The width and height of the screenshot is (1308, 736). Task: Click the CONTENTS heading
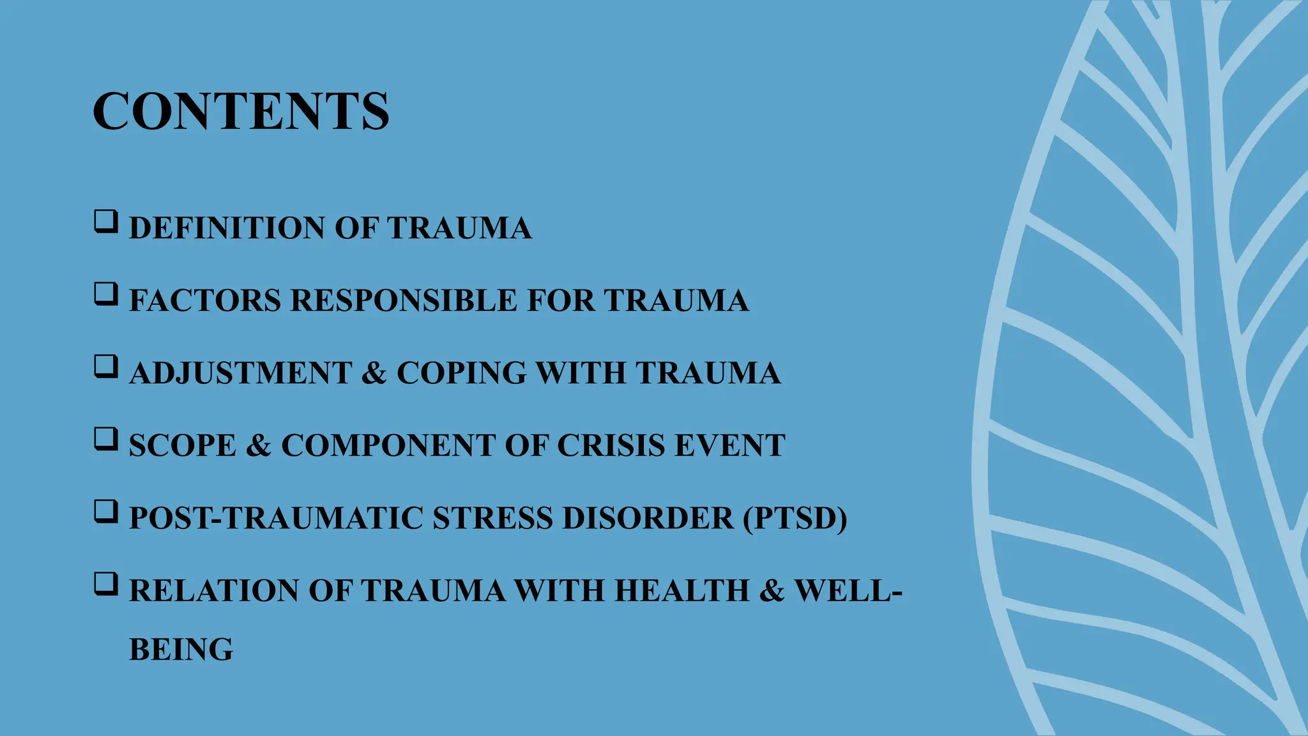coord(241,111)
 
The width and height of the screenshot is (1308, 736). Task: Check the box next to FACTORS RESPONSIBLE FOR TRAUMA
coord(105,294)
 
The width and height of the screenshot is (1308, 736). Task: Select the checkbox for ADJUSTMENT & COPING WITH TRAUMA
coord(105,366)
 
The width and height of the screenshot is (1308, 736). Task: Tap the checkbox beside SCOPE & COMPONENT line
coord(105,439)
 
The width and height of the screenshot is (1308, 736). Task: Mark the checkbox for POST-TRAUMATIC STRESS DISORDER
coord(105,511)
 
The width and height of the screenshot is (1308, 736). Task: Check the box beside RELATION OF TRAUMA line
coord(105,584)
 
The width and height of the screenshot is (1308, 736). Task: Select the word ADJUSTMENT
coord(240,373)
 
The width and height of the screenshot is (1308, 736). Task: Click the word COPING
coord(461,373)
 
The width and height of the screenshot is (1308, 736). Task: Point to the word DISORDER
coord(648,518)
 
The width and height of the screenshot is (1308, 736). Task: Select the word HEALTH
coord(681,590)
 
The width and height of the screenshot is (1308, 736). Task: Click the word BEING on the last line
coord(181,650)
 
